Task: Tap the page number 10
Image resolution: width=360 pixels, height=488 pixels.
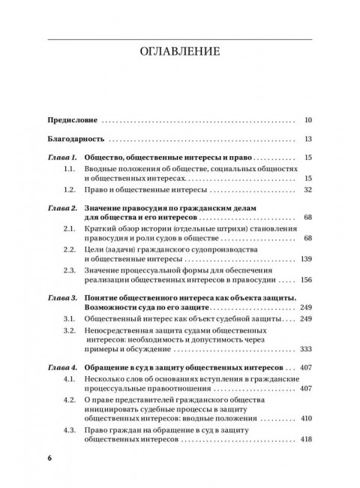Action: [310, 119]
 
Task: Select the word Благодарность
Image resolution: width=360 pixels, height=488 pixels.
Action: [74, 139]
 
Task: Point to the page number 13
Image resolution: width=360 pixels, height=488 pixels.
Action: [310, 139]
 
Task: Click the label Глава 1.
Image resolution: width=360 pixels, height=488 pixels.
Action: [61, 158]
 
